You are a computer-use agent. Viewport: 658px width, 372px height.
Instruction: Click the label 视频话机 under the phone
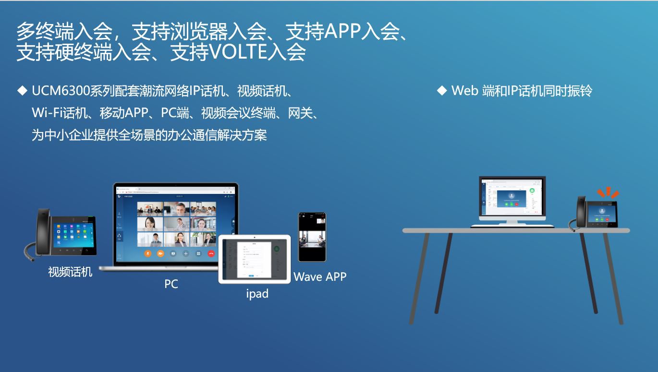(x=70, y=272)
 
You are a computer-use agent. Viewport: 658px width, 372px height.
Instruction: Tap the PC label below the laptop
(x=171, y=284)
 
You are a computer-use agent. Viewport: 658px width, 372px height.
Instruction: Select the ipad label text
(x=257, y=294)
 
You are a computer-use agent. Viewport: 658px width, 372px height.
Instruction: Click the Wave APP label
(x=320, y=276)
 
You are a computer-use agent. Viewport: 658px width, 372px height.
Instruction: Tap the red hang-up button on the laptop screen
(x=211, y=253)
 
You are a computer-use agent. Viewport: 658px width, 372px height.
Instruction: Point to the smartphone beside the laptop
(x=312, y=237)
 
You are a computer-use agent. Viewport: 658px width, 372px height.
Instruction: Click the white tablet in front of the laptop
(x=255, y=259)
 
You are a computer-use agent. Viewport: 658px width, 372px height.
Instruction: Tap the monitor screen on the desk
(x=512, y=198)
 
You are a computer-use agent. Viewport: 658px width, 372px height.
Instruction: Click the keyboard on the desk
(x=512, y=226)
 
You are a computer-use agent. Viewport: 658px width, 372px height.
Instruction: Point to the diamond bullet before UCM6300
(x=22, y=90)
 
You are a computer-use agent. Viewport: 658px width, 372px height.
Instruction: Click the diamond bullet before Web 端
(x=442, y=90)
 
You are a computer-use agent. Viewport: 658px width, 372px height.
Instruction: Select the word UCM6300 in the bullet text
(x=61, y=90)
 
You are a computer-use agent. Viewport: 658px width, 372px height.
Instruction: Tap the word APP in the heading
(x=342, y=32)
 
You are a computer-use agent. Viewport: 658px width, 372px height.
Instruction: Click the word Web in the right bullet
(x=465, y=90)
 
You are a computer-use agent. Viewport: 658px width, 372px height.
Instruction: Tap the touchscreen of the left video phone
(x=73, y=232)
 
